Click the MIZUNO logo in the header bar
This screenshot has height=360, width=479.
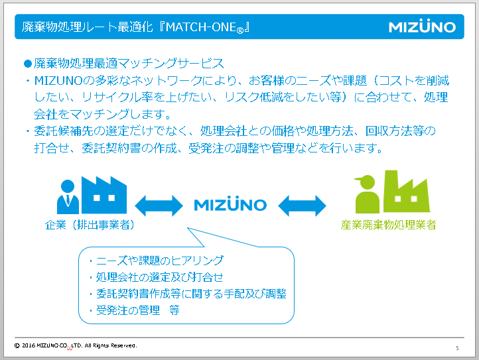pyautogui.click(x=422, y=27)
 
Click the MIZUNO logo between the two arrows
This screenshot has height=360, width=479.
pyautogui.click(x=230, y=204)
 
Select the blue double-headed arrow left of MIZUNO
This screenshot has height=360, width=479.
pyautogui.click(x=158, y=204)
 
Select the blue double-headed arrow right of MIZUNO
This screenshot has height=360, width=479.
pyautogui.click(x=302, y=204)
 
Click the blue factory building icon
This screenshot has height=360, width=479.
pyautogui.click(x=103, y=193)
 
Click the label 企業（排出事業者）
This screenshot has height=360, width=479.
pyautogui.click(x=90, y=225)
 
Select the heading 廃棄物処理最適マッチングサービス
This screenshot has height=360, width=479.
pyautogui.click(x=129, y=64)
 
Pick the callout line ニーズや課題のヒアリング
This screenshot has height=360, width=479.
pyautogui.click(x=160, y=261)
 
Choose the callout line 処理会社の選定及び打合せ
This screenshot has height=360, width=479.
pyautogui.click(x=160, y=277)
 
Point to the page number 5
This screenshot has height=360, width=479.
pyautogui.click(x=456, y=347)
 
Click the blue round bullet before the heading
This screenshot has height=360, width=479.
pyautogui.click(x=28, y=64)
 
